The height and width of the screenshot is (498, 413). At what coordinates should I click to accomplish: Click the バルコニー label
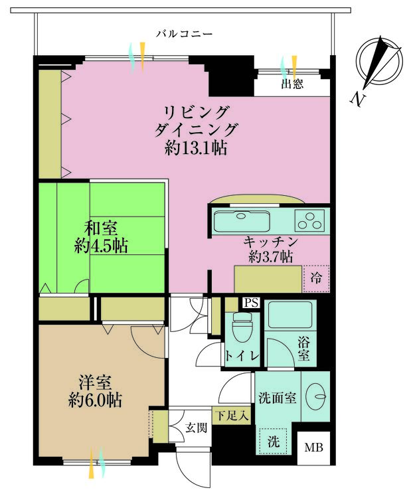click(x=184, y=33)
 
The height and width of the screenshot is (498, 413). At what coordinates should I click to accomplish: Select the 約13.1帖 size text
click(x=196, y=148)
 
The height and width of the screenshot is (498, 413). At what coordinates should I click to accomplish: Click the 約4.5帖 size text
click(x=101, y=247)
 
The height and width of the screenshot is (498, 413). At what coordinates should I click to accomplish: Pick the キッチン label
click(x=270, y=242)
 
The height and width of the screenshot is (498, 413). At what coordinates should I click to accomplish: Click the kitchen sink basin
click(x=242, y=219)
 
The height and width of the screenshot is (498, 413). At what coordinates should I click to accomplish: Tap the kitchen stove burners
click(x=310, y=218)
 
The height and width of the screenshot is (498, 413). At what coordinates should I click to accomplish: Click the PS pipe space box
click(x=250, y=303)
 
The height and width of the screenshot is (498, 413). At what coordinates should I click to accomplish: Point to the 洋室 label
click(x=94, y=383)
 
